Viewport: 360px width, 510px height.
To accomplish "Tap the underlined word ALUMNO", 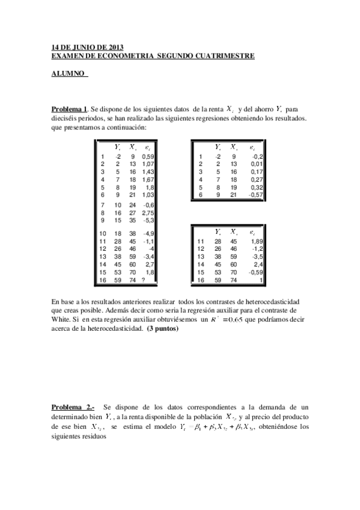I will [67, 74].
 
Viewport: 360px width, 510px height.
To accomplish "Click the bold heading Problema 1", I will [70, 109].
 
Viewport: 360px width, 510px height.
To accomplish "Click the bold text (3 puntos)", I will [162, 329].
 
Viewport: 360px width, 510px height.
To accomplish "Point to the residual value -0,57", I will [255, 195].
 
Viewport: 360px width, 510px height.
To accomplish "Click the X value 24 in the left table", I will [133, 204].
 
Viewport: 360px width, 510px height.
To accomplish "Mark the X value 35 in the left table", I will [133, 221].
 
